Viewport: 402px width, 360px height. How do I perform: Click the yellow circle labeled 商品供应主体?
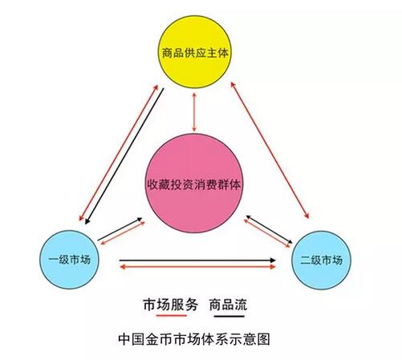193,52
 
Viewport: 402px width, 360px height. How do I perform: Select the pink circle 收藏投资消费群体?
194,184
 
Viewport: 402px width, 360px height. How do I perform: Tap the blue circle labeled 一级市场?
69,260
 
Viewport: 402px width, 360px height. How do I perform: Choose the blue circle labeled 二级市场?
321,260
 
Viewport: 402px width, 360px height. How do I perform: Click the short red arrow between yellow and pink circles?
194,112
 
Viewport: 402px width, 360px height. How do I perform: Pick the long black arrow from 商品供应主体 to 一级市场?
124,156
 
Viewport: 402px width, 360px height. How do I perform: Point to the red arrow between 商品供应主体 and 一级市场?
119,152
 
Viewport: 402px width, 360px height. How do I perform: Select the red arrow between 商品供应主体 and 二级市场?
270,150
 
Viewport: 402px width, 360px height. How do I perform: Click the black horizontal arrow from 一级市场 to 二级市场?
197,260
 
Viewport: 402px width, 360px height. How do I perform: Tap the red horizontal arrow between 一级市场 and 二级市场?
197,267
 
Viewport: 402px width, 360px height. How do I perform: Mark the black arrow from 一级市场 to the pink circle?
120,229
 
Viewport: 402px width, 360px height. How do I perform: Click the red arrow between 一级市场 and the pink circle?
123,233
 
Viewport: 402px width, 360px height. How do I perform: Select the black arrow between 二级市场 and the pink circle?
269,229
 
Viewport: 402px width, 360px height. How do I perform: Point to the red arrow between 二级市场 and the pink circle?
266,233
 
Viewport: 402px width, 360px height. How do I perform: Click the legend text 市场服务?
171,305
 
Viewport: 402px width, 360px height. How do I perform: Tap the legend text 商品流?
228,305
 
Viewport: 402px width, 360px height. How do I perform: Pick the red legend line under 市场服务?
171,316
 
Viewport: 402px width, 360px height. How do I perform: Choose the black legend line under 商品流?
229,316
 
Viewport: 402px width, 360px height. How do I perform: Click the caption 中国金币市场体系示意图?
194,339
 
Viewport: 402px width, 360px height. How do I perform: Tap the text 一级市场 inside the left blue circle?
69,260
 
